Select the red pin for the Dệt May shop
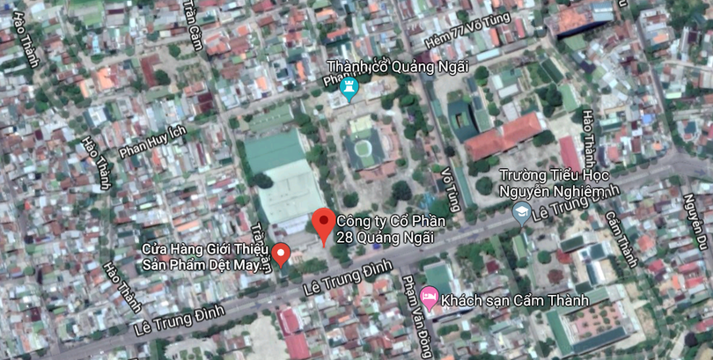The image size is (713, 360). click(x=282, y=253)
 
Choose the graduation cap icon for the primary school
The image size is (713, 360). click(x=522, y=213)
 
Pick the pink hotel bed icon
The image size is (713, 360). click(x=429, y=298)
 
